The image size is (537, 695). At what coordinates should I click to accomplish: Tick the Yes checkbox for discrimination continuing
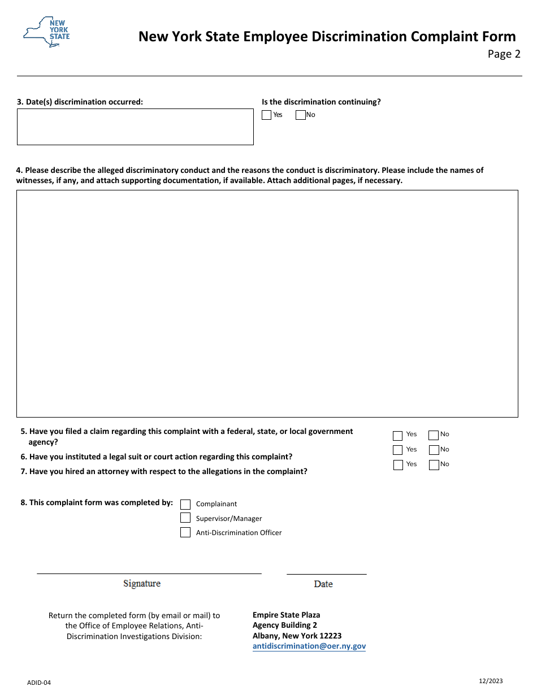coord(267,115)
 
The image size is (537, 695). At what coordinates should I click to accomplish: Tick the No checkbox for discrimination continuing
coord(301,115)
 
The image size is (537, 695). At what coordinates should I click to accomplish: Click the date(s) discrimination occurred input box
coord(135,127)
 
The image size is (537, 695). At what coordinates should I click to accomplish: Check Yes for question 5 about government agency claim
coord(397,436)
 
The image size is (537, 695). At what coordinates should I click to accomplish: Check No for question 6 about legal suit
coord(434,450)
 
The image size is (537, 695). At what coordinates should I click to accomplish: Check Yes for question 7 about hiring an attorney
coord(397,465)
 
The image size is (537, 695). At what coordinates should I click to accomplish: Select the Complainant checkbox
coord(185,504)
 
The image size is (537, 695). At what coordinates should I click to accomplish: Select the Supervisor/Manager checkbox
coord(185,518)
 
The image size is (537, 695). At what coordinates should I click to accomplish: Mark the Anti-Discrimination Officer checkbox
coord(185,532)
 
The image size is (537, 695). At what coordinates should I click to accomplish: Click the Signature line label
coord(142,584)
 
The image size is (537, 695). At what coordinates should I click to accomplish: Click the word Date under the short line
coord(323,584)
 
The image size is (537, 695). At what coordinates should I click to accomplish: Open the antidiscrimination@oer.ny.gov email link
coord(309,646)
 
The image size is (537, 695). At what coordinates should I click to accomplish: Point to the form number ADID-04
coord(39,683)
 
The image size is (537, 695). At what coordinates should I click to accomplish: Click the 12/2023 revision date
coord(490,681)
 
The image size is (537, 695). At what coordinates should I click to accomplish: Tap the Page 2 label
coord(504,54)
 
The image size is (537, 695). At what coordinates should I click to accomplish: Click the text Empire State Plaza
coord(286,615)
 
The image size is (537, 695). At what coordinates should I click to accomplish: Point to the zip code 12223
coord(330,636)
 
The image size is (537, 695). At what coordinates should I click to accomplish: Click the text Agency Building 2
coord(284,625)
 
